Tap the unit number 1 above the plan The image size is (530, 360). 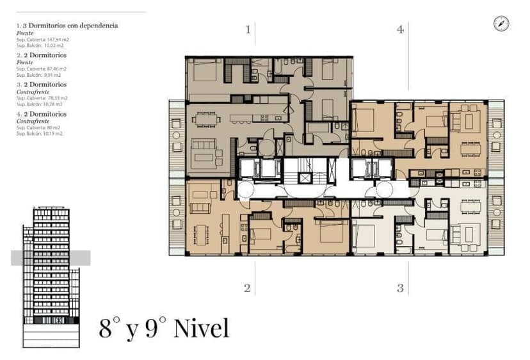pos(248,29)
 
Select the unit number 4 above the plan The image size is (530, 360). pos(401,29)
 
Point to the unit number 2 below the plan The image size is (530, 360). pos(247,288)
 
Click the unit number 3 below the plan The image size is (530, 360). pos(401,288)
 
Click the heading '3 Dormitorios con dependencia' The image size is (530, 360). pos(70,26)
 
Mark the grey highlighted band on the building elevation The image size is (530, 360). pos(51,258)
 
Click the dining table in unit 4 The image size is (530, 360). pos(470,149)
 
